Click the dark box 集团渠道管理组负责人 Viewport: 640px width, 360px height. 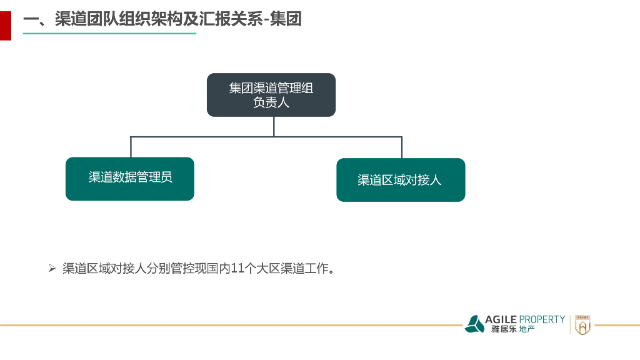coord(271,95)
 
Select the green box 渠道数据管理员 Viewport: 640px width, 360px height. coord(130,179)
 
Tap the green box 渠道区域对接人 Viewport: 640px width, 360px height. coord(401,180)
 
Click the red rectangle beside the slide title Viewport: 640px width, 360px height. coord(5,25)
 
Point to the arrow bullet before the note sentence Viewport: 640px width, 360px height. coord(52,269)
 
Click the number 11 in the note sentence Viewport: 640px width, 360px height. coord(236,269)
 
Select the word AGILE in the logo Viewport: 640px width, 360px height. coord(501,319)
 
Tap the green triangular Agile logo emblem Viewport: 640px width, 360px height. coord(474,324)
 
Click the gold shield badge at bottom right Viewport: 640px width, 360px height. coord(582,324)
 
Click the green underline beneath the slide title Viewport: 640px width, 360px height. coord(109,33)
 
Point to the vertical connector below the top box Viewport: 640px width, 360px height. coord(274,126)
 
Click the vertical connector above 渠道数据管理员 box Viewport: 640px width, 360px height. coord(131,147)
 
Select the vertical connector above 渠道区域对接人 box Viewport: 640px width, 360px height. coord(402,147)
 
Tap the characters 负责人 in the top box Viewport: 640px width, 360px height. coord(271,103)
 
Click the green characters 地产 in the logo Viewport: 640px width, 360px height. coord(527,329)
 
